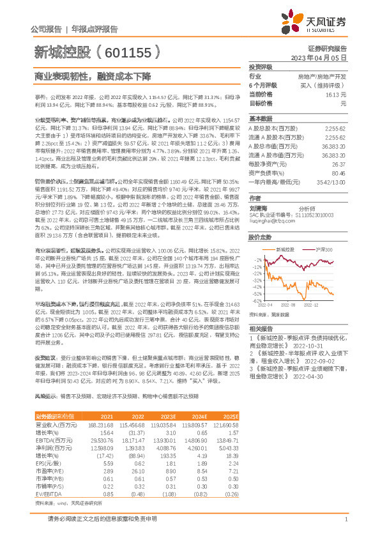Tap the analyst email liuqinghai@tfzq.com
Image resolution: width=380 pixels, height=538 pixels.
[x=268, y=220]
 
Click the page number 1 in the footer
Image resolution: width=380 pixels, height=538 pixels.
[x=346, y=520]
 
